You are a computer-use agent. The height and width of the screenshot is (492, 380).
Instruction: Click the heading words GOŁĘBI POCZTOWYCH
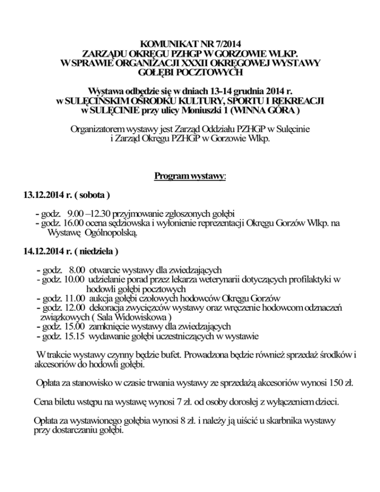(190, 73)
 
